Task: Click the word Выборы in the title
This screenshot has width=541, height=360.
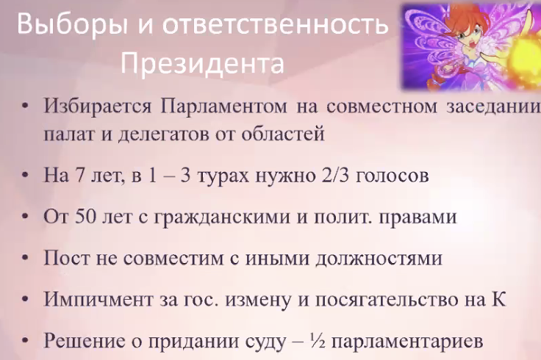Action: [70, 24]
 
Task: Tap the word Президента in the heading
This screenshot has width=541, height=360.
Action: [203, 64]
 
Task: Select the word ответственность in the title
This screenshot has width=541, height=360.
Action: [276, 24]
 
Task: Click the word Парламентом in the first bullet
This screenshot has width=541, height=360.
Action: [223, 107]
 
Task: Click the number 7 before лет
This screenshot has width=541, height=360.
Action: [76, 175]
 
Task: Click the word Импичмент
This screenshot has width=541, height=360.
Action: [98, 299]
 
